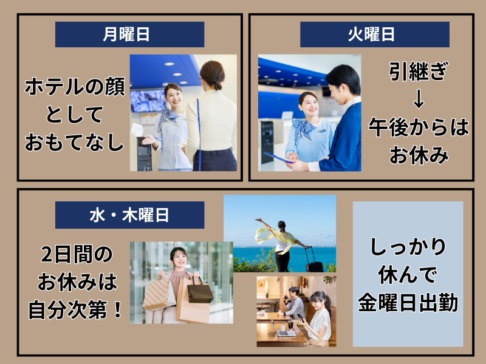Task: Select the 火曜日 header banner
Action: [374, 35]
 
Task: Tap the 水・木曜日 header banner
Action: [129, 215]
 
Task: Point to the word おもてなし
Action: [75, 143]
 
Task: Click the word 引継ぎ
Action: [419, 73]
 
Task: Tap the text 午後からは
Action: [419, 127]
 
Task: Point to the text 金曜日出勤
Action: [408, 302]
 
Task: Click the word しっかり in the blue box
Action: [408, 247]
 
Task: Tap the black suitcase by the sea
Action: [313, 260]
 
